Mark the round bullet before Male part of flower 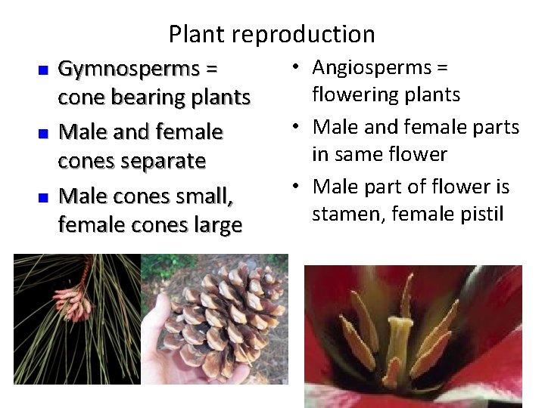[x=302, y=186]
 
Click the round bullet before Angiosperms [x=302, y=68]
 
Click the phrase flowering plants [x=386, y=95]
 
